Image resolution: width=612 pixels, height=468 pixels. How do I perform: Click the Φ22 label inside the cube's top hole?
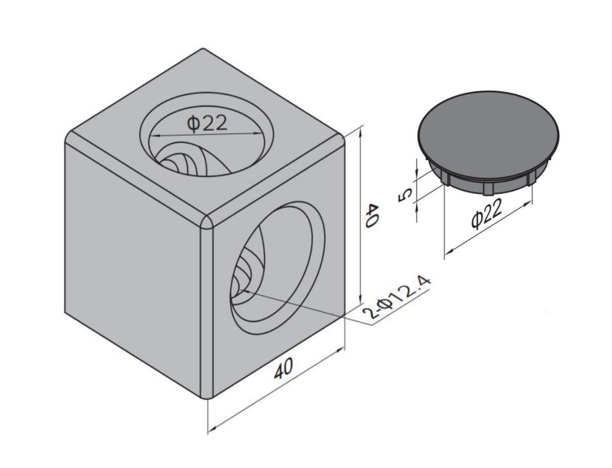[x=207, y=123]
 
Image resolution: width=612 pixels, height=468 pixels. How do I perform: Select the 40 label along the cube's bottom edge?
[x=283, y=368]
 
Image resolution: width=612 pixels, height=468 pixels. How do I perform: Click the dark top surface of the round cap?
[x=488, y=127]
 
